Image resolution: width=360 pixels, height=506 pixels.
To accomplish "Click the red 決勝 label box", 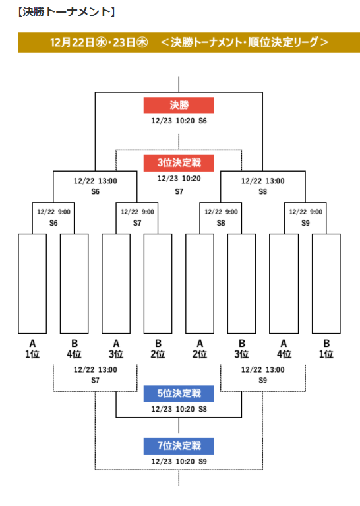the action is [x=179, y=105].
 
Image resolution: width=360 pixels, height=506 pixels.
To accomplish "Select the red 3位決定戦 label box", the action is [x=179, y=163].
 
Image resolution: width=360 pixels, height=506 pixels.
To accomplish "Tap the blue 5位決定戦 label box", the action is [x=179, y=393].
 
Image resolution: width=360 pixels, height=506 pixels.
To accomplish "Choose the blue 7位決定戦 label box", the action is [x=179, y=446].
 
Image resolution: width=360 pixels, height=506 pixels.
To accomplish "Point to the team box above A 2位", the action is [x=200, y=283].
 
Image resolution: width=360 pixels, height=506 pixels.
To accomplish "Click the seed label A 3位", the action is [x=116, y=349].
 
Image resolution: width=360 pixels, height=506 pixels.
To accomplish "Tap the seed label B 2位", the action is [x=158, y=349].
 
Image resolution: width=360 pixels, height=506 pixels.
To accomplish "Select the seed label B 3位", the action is [x=241, y=349].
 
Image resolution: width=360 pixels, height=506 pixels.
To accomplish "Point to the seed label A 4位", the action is [x=284, y=349].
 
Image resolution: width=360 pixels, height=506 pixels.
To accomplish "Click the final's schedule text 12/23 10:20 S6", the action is [x=179, y=121].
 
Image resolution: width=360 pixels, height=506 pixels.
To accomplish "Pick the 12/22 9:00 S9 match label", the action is [x=305, y=217].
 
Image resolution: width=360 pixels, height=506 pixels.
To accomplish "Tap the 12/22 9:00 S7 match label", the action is [x=137, y=217].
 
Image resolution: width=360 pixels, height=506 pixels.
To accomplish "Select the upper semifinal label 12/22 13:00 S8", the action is [x=263, y=186].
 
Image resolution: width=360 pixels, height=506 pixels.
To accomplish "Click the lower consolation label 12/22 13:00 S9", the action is [x=263, y=375].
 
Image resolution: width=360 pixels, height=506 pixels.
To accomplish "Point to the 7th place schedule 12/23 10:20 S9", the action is [x=179, y=462].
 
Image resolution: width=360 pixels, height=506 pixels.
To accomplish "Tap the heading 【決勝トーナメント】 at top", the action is [x=67, y=12].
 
